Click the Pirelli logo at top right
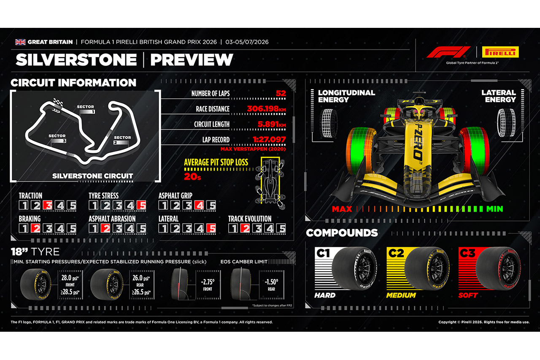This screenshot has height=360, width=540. click(x=500, y=52)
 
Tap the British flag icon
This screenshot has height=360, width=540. click(x=20, y=42)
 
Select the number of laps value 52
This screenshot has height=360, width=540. click(x=281, y=93)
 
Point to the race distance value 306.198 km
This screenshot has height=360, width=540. click(x=266, y=109)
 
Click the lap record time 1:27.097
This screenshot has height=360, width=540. click(x=269, y=139)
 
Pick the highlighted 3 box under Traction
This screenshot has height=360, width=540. click(x=48, y=205)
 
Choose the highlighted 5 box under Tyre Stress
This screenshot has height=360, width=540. click(x=141, y=205)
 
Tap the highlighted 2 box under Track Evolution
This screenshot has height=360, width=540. click(x=245, y=228)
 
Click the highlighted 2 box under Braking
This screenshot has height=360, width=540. click(x=36, y=228)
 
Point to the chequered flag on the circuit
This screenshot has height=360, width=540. click(x=58, y=103)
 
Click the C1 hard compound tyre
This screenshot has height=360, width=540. click(x=354, y=268)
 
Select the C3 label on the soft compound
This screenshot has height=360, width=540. click(x=467, y=253)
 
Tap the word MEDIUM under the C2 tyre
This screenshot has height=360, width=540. click(x=401, y=295)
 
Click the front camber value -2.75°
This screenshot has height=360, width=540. click(x=208, y=282)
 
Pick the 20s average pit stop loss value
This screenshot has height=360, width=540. click(x=192, y=177)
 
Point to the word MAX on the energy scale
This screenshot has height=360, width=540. click(x=342, y=209)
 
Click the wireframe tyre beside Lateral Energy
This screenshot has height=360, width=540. click(x=507, y=123)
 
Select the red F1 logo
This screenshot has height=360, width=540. click(x=448, y=52)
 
